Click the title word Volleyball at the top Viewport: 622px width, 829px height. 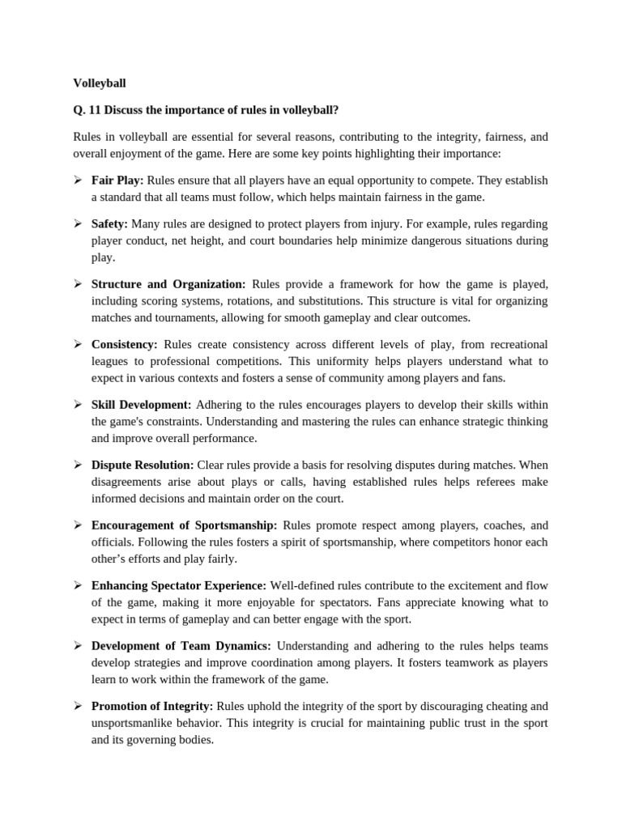tap(100, 83)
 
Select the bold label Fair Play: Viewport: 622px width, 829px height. tap(117, 180)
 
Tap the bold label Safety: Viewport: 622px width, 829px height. tap(109, 223)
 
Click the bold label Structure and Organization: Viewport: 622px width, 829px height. tap(168, 284)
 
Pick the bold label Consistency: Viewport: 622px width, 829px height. tap(125, 344)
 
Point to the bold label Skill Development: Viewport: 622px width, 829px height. tap(141, 404)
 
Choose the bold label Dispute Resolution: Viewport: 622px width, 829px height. tap(143, 465)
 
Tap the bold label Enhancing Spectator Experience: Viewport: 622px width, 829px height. tap(178, 585)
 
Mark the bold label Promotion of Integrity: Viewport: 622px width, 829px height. tap(152, 706)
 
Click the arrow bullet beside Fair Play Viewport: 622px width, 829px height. tap(78, 180)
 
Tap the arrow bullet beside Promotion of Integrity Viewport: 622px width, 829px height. tap(78, 706)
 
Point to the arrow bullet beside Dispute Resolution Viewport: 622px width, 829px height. tap(78, 465)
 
